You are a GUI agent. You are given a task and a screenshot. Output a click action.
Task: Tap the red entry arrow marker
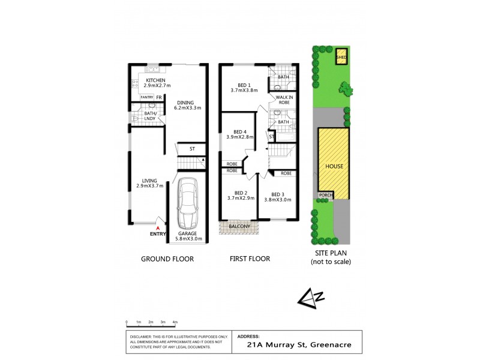(x=158, y=228)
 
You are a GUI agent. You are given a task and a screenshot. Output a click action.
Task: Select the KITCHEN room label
(x=155, y=81)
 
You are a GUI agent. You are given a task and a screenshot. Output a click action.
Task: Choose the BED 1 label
(x=243, y=85)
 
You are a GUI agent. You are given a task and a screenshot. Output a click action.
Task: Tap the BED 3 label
(x=277, y=194)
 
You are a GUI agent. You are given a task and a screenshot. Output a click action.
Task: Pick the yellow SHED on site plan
(x=341, y=58)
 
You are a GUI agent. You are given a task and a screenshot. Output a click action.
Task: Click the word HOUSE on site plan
(x=334, y=166)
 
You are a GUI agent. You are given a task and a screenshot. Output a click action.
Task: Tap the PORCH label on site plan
(x=325, y=194)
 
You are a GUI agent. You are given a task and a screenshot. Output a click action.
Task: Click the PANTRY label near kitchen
(x=147, y=97)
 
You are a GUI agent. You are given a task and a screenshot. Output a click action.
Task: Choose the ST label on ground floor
(x=193, y=149)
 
